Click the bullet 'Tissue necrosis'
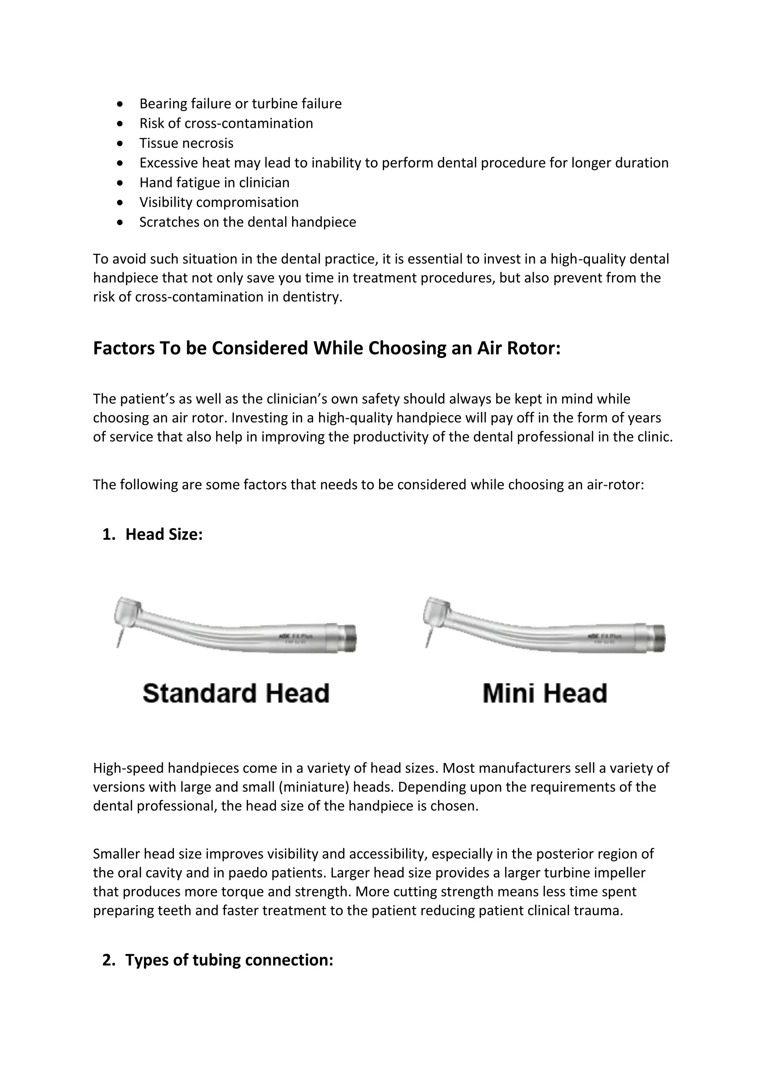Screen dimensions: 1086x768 [186, 143]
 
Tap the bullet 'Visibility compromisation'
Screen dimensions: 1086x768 [219, 202]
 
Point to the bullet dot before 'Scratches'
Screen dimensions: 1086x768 [121, 222]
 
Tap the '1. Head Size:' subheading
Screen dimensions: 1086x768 [152, 534]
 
